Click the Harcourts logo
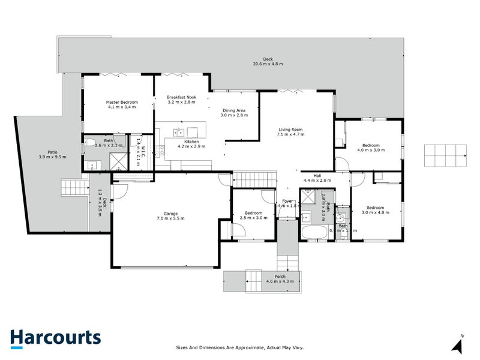pyautogui.click(x=55, y=337)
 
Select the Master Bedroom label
pyautogui.click(x=122, y=103)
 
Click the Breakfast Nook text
pyautogui.click(x=182, y=97)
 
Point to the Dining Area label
pyautogui.click(x=234, y=110)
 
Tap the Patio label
pyautogui.click(x=52, y=152)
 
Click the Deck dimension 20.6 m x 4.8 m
pyautogui.click(x=268, y=64)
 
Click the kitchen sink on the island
pyautogui.click(x=178, y=132)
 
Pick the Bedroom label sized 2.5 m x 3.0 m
pyautogui.click(x=253, y=213)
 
